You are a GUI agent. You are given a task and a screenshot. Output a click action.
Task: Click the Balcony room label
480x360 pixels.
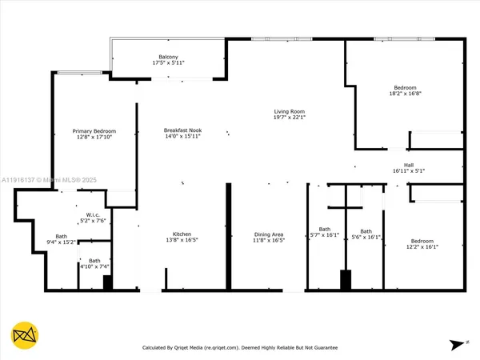168,56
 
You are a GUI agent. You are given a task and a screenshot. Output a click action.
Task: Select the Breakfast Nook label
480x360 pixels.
183,130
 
